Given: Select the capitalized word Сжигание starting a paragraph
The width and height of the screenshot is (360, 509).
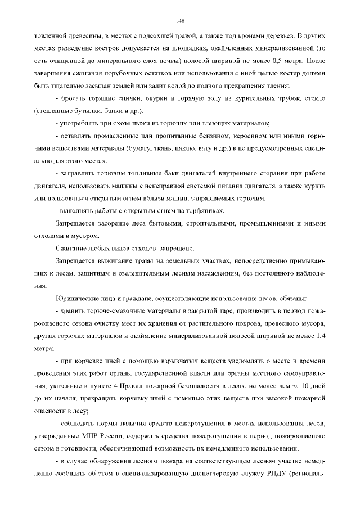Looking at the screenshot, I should coord(71,248).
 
